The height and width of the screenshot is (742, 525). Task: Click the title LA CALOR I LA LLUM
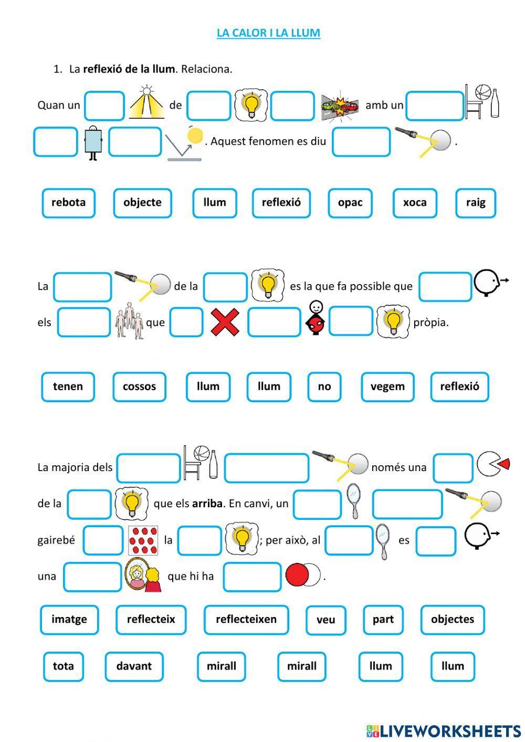[268, 33]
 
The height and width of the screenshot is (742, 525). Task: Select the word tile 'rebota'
[68, 203]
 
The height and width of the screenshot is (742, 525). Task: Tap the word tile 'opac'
[350, 203]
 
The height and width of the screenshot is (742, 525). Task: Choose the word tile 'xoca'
[415, 203]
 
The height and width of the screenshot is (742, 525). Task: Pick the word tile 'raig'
[476, 203]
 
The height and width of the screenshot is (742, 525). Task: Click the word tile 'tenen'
[68, 386]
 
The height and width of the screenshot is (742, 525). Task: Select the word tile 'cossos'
[139, 386]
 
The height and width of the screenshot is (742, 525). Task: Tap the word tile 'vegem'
[387, 386]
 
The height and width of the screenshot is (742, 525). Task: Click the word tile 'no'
[324, 386]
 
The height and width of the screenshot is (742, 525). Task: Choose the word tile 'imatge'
[69, 619]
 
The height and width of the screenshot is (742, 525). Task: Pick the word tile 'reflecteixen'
[246, 619]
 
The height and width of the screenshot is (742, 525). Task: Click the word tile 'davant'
[134, 666]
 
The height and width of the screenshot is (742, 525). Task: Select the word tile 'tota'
[63, 666]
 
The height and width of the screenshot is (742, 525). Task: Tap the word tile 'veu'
[325, 620]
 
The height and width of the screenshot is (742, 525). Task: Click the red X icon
[225, 322]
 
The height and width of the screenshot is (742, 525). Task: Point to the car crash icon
[340, 105]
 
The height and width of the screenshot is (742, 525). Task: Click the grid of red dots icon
[143, 540]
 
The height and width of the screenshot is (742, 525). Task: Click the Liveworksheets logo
[443, 730]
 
